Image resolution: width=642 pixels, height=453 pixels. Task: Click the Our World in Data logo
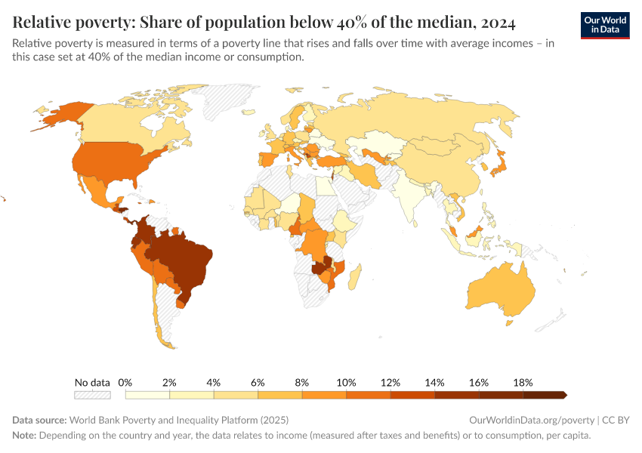(x=605, y=24)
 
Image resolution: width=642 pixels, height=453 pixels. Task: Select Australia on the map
(x=498, y=294)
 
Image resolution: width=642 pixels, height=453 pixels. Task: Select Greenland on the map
(x=227, y=98)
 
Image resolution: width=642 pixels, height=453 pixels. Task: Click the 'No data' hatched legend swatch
(x=92, y=394)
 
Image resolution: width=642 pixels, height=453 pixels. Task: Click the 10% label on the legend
(x=347, y=382)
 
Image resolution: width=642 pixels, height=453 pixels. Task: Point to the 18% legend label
(x=523, y=382)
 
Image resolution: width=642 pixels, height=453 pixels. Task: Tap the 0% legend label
(x=125, y=382)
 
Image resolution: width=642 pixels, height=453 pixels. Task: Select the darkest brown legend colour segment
(x=543, y=394)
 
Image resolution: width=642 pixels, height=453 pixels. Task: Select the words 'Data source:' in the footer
(x=39, y=420)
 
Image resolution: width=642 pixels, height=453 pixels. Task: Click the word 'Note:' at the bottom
(x=24, y=436)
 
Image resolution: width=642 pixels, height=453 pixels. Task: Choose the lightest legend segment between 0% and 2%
(x=147, y=394)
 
